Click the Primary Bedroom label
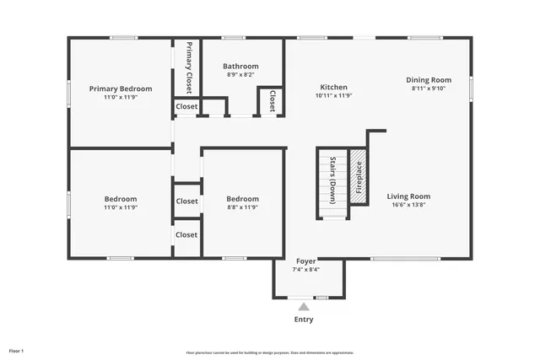click(x=121, y=89)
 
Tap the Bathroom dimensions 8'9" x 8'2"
click(x=240, y=75)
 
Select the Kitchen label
click(x=333, y=87)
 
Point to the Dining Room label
click(x=431, y=79)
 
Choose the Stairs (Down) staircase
click(x=332, y=183)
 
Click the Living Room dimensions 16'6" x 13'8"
click(x=408, y=206)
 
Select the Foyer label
click(x=305, y=261)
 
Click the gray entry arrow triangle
click(x=304, y=308)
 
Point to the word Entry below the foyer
click(x=304, y=320)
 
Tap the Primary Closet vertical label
click(x=188, y=67)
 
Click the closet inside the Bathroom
click(x=273, y=102)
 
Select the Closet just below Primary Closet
click(x=186, y=106)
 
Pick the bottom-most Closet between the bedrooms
click(x=186, y=234)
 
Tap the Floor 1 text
click(x=17, y=350)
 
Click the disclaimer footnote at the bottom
click(x=269, y=352)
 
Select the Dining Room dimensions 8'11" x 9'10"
click(x=431, y=88)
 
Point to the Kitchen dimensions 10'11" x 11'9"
click(x=333, y=96)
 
